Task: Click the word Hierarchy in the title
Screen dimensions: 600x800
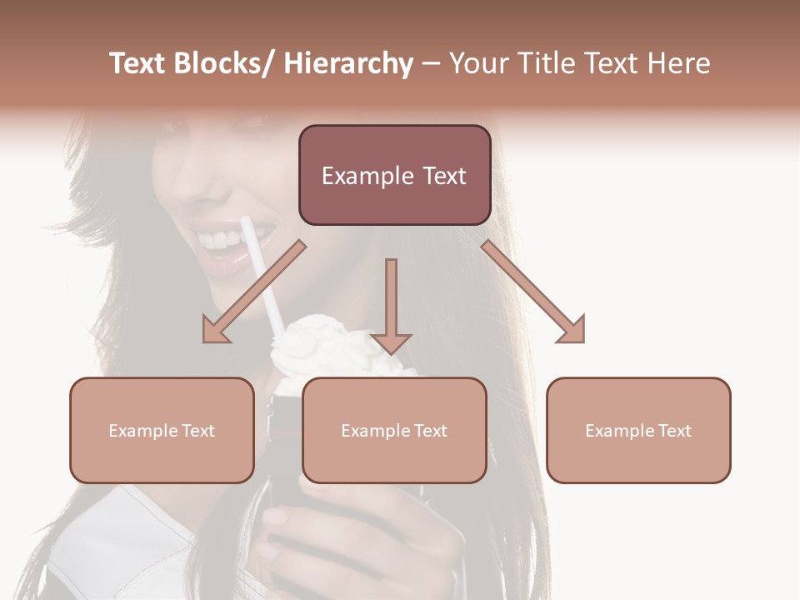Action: point(348,64)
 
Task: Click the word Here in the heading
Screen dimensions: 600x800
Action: point(680,64)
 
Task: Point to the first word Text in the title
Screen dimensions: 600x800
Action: point(138,64)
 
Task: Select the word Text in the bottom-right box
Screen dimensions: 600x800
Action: point(673,431)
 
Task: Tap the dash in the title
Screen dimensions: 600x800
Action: point(431,64)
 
